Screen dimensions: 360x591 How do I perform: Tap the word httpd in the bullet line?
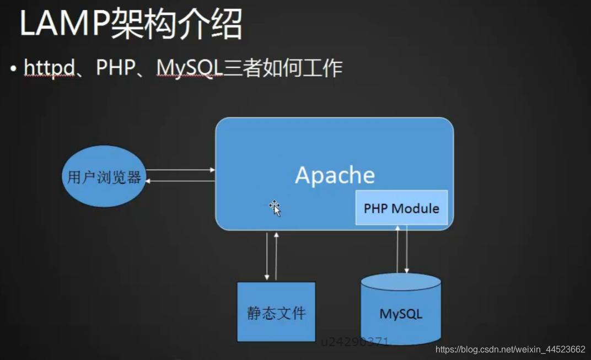49,68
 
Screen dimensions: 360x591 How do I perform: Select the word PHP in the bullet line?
116,68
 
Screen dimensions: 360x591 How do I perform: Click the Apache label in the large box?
335,175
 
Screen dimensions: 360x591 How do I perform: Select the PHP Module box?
401,208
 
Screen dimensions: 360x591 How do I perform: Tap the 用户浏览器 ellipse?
104,178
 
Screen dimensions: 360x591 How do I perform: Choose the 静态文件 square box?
276,312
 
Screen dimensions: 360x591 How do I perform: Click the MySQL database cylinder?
401,311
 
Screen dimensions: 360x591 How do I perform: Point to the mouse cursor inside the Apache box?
275,208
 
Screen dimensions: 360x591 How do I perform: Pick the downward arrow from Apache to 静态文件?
267,256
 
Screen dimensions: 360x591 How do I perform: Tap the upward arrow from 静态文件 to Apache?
276,256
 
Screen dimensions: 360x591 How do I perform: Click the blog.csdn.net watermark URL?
510,350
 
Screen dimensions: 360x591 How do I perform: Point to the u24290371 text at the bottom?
355,342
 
